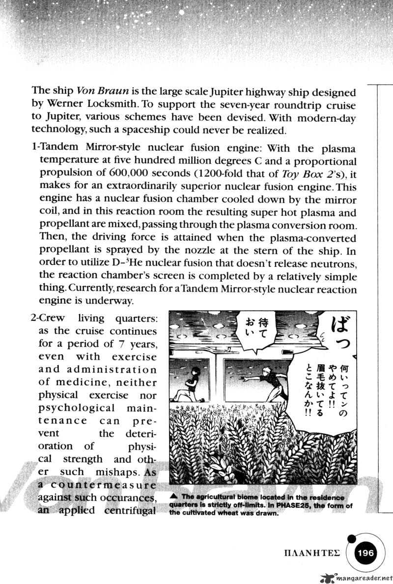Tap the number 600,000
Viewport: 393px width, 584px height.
(x=114, y=174)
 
